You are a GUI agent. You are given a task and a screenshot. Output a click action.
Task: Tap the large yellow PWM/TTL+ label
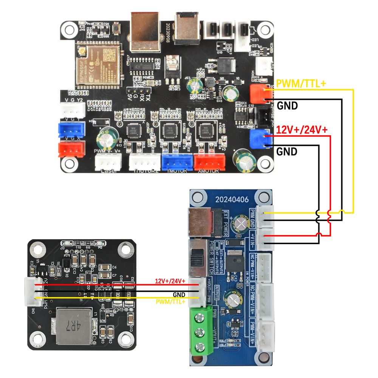pyautogui.click(x=301, y=84)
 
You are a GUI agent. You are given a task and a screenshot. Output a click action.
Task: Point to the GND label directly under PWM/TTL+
pyautogui.click(x=287, y=105)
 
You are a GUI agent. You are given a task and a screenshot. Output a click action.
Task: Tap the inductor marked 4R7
pyautogui.click(x=74, y=326)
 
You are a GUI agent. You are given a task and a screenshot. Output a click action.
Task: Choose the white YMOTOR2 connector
pyautogui.click(x=145, y=162)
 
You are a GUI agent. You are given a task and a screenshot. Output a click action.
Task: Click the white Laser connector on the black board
pyautogui.click(x=107, y=163)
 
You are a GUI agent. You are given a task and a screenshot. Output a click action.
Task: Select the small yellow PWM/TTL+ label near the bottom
pyautogui.click(x=170, y=301)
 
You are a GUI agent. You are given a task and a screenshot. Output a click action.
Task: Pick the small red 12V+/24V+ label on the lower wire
pyautogui.click(x=170, y=281)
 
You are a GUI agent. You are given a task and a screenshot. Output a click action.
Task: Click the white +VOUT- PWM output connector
pyautogui.click(x=195, y=291)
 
